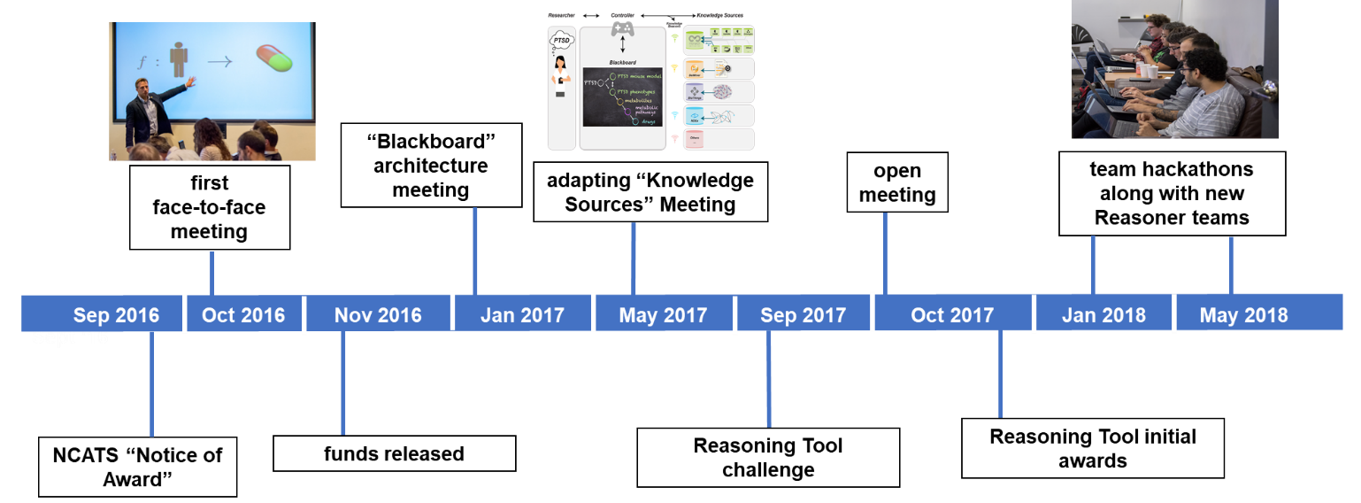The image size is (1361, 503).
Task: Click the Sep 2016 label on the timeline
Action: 116,315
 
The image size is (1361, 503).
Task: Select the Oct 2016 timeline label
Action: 243,315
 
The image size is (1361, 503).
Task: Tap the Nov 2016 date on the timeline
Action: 378,315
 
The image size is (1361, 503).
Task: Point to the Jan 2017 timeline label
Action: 522,315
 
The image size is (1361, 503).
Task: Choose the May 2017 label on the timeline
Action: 663,315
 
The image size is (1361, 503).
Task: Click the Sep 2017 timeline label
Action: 803,315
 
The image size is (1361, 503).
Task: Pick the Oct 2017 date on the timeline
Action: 952,315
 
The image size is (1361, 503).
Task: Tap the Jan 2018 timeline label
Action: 1103,315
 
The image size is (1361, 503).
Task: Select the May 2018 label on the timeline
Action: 1243,315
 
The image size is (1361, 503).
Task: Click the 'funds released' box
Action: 394,454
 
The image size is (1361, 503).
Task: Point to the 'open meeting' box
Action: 897,182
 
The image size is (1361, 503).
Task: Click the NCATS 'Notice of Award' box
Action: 138,467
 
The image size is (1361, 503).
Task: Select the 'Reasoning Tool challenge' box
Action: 768,457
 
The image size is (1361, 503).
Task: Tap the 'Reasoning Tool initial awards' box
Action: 1093,448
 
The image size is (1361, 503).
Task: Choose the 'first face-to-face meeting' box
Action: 210,207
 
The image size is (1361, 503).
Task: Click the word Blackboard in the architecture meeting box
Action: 430,142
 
